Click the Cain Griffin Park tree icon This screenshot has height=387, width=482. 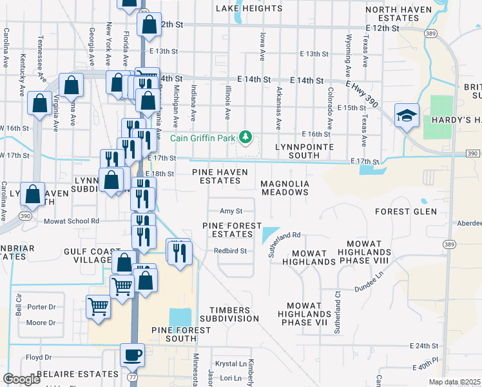coord(245,137)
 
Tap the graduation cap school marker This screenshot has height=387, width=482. coord(407,116)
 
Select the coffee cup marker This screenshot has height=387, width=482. coord(132,355)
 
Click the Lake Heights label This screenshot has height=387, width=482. coord(249,8)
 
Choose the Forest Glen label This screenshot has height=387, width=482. coord(406,211)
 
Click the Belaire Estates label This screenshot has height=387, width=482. coord(68,374)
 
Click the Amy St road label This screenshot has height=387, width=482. coord(231,211)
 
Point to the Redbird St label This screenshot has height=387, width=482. coord(231,251)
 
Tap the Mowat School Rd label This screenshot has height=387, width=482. coord(72,221)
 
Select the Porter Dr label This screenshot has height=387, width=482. coord(41,307)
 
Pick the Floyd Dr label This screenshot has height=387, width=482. coord(39,357)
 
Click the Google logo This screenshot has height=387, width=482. coord(21,379)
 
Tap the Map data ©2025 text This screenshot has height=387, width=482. coord(454,382)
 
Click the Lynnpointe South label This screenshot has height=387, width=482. coord(304,151)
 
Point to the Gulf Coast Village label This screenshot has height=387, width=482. coord(92,255)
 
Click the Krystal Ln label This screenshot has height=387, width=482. coord(231,364)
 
